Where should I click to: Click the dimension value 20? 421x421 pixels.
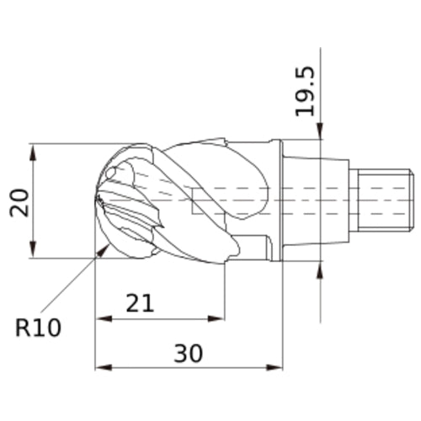[x=19, y=202]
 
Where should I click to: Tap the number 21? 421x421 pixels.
[x=140, y=302]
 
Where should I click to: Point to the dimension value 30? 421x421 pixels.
[x=188, y=354]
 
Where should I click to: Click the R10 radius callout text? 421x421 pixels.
[x=39, y=328]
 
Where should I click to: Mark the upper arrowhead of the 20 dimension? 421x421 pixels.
[x=33, y=149]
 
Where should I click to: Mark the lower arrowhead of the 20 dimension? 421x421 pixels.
[x=33, y=253]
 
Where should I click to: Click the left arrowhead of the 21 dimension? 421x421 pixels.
[x=102, y=318]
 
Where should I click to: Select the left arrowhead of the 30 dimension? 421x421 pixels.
[x=102, y=368]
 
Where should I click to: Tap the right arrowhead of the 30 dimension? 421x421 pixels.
[x=277, y=368]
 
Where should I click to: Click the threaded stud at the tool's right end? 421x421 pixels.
[x=383, y=200]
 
